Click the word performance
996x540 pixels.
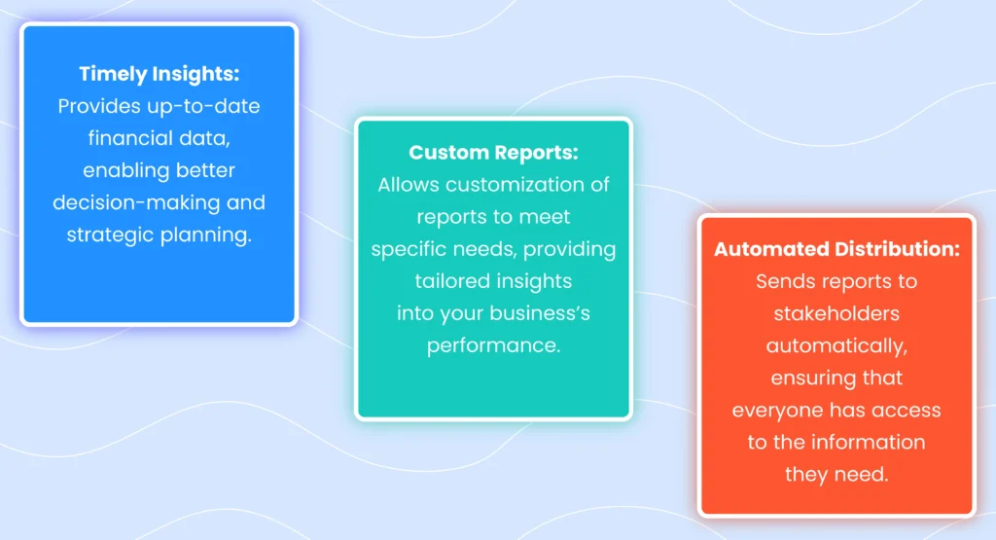click(x=493, y=345)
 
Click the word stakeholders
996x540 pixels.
click(x=836, y=313)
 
